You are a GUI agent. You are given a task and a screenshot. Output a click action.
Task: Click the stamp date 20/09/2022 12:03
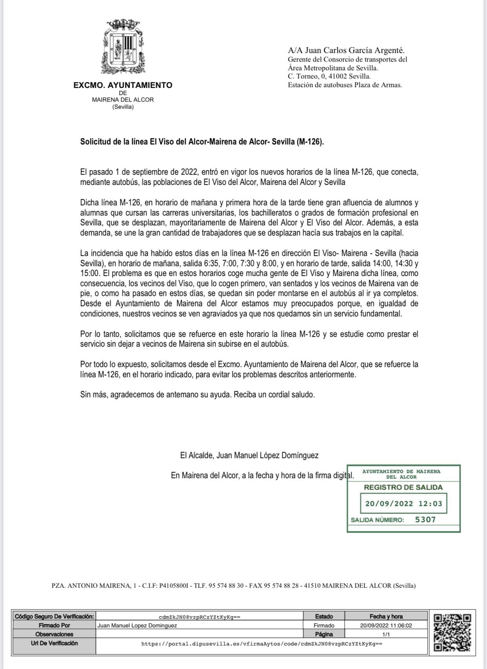(403, 503)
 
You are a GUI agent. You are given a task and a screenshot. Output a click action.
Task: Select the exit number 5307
(425, 519)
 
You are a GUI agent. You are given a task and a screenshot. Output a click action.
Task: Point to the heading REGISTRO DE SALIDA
(403, 487)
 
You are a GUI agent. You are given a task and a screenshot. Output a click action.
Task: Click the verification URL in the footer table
(262, 643)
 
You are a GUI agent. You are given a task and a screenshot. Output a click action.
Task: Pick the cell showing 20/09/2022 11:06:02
(386, 625)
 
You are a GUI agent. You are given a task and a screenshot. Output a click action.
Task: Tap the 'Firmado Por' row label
(55, 625)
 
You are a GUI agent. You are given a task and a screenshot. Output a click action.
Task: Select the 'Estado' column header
(324, 616)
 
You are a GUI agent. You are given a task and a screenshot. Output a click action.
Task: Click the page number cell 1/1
(386, 634)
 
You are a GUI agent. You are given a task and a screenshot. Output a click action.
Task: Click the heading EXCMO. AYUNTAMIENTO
(123, 85)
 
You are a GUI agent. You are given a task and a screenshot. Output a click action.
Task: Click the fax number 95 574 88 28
(282, 586)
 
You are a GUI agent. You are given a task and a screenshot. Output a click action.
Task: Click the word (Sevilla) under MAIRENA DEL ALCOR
(123, 107)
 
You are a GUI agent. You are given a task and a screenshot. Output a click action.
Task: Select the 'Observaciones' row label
(55, 634)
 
